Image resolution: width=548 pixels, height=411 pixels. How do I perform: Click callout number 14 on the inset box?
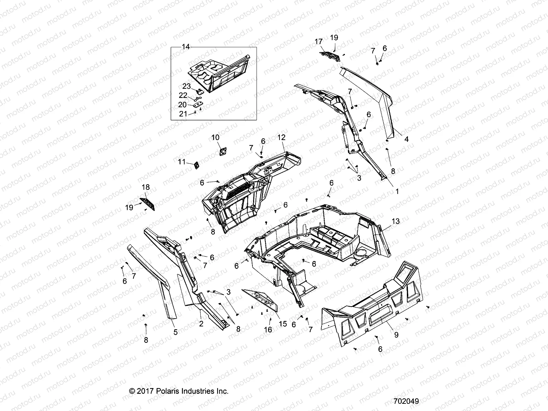185,47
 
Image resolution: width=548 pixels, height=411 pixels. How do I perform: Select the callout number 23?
186,86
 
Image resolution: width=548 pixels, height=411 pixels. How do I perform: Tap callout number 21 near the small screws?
183,114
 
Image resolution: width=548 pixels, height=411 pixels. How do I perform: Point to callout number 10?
215,138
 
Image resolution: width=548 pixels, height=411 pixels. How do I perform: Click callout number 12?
281,138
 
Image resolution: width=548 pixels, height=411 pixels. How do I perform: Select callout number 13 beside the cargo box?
396,222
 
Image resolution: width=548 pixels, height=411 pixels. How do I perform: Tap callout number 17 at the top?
319,42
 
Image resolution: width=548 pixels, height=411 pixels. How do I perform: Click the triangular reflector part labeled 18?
148,204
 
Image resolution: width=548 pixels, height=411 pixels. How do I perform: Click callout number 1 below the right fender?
397,192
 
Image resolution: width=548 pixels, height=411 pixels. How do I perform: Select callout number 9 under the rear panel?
396,335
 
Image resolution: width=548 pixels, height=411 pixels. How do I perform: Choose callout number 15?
283,324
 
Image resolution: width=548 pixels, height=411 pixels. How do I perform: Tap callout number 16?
268,329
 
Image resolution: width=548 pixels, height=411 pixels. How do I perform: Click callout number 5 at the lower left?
175,332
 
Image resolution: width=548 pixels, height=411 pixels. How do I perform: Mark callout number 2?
201,324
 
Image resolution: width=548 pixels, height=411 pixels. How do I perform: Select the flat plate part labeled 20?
198,105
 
